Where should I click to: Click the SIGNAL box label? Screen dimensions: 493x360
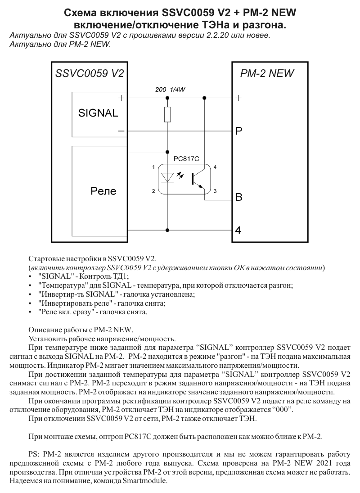[x=98, y=113]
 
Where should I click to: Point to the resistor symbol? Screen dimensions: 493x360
[x=167, y=114]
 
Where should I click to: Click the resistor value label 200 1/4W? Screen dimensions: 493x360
[x=170, y=90]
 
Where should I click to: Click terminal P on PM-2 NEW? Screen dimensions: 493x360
[x=239, y=131]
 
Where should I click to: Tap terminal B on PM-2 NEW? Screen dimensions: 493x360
[x=239, y=197]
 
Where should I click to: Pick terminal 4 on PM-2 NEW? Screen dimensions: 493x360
[x=238, y=230]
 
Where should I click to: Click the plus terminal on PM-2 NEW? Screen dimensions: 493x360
[x=239, y=98]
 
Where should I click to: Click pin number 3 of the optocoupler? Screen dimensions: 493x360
[x=215, y=191]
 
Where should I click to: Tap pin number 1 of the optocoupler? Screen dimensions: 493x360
[x=153, y=167]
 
